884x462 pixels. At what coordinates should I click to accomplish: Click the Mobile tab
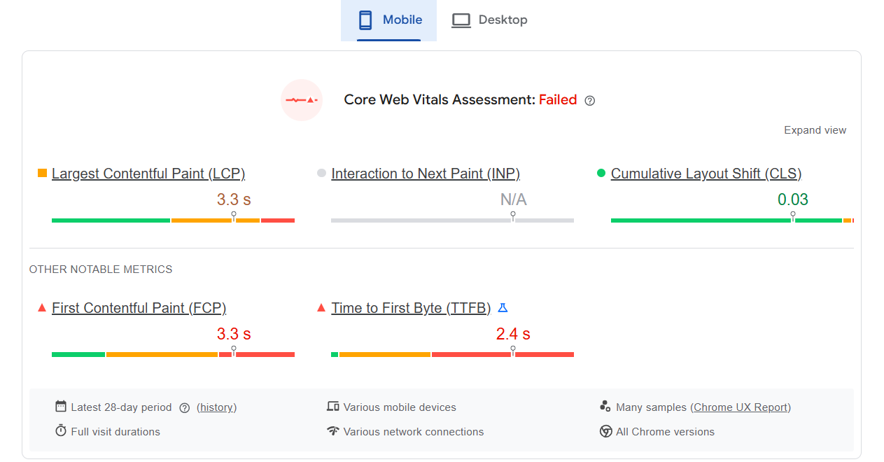pos(388,20)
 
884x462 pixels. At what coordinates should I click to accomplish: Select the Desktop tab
pos(489,20)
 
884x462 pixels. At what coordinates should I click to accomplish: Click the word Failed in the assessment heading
pos(558,100)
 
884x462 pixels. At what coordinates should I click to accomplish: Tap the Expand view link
pos(815,130)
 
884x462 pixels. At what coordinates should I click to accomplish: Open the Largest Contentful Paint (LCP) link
pos(148,174)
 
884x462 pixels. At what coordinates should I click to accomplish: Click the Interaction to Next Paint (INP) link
pos(426,174)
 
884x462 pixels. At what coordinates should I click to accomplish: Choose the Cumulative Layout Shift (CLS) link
pos(706,174)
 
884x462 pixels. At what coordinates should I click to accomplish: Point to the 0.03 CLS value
pos(793,199)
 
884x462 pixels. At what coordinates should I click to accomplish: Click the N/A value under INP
pos(514,199)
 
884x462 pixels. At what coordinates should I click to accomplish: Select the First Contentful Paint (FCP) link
pos(139,308)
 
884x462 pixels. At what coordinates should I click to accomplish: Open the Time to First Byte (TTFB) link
pos(411,308)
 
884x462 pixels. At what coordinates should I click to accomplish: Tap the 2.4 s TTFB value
pos(513,334)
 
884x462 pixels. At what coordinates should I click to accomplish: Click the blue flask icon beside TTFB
pos(503,308)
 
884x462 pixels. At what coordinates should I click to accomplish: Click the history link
pos(217,407)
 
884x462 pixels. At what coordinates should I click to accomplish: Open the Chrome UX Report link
pos(741,407)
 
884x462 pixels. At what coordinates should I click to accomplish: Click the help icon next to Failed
pos(589,101)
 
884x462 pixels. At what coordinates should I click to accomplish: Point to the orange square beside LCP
pos(42,173)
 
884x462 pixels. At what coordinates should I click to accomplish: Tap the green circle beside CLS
pos(601,173)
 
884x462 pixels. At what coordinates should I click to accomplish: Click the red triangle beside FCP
pos(42,308)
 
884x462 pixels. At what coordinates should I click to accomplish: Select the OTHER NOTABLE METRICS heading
pos(101,269)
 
